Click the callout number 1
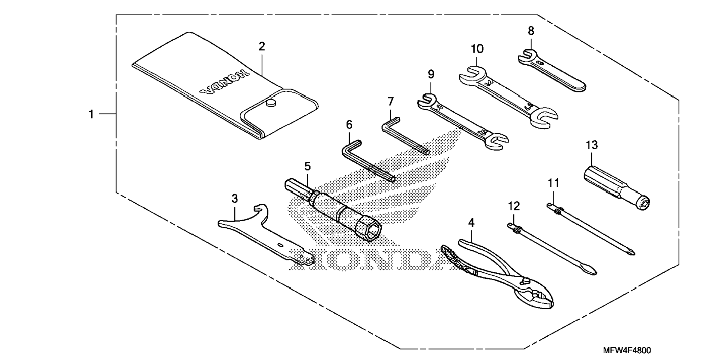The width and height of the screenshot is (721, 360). click(x=91, y=114)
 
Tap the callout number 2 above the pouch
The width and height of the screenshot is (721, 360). click(x=262, y=47)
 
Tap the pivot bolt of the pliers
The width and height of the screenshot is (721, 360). click(x=526, y=279)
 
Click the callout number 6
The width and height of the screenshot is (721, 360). click(x=349, y=125)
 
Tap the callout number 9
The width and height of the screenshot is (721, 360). click(x=431, y=74)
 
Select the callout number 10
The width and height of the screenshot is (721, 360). click(x=477, y=49)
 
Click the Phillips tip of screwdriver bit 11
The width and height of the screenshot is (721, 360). click(x=630, y=252)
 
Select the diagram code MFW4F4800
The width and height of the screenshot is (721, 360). click(x=627, y=351)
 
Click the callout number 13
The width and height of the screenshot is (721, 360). click(x=592, y=145)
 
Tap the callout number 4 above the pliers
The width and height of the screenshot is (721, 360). click(x=471, y=223)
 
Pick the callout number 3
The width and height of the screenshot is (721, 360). click(x=234, y=198)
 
